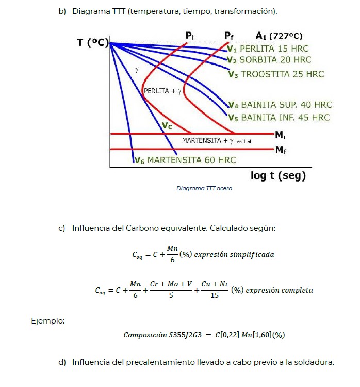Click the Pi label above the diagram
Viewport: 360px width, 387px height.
pyautogui.click(x=189, y=36)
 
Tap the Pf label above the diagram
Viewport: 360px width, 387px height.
pyautogui.click(x=228, y=36)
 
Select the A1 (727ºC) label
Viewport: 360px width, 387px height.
pyautogui.click(x=279, y=36)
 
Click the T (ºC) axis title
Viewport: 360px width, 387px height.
pyautogui.click(x=93, y=43)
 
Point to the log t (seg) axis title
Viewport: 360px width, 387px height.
pyautogui.click(x=278, y=175)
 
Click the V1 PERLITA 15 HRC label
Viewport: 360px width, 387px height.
pyautogui.click(x=268, y=49)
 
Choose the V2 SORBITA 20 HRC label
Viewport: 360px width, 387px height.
pyautogui.click(x=269, y=60)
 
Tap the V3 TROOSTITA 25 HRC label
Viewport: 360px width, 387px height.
pyautogui.click(x=276, y=74)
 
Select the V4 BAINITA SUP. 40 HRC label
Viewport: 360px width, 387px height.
pyautogui.click(x=280, y=105)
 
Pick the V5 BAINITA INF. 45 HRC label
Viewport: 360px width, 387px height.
pyautogui.click(x=279, y=118)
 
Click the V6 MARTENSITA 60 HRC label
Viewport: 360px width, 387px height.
pyautogui.click(x=185, y=160)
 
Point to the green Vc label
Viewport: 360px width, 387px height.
pyautogui.click(x=167, y=126)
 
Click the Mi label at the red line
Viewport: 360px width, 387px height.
pyautogui.click(x=280, y=135)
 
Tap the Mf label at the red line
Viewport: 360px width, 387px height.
pyautogui.click(x=281, y=150)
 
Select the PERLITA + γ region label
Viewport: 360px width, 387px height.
pyautogui.click(x=162, y=91)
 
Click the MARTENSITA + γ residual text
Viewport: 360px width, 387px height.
pyautogui.click(x=217, y=141)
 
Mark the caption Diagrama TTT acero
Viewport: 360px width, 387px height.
pyautogui.click(x=204, y=188)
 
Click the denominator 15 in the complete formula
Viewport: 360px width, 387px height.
pyautogui.click(x=215, y=295)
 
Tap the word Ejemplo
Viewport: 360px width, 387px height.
pyautogui.click(x=48, y=321)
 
